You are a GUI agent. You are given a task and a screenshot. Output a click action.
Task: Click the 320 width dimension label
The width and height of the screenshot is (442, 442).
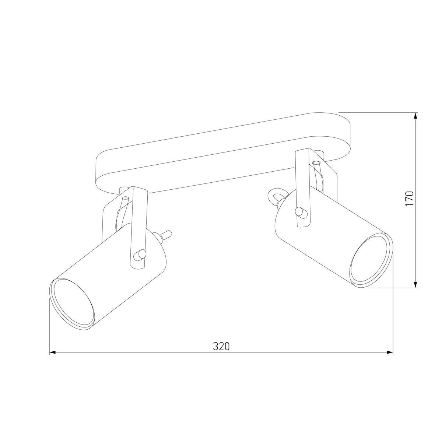click(221, 347)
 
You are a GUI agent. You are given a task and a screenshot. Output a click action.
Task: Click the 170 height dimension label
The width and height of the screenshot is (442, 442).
click(410, 199)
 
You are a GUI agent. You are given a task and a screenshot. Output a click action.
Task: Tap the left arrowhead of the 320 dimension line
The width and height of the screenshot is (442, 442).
click(52, 352)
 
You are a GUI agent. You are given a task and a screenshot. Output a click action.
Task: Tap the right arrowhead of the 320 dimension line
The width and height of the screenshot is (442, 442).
click(390, 352)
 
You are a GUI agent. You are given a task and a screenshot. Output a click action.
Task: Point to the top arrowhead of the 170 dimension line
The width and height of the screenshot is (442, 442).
click(416, 115)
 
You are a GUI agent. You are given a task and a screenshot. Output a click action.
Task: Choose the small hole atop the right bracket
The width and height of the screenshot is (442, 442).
click(316, 162)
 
